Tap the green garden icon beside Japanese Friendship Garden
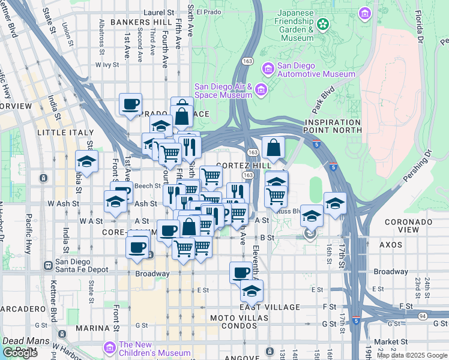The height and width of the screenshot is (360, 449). point(324,25)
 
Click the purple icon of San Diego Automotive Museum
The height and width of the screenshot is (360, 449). point(267,70)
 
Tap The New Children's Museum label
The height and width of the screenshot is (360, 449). point(156,349)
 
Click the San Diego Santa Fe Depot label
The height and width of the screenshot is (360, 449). point(82,265)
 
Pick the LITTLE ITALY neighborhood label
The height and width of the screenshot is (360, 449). point(65,133)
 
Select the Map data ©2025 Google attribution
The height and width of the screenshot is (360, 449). point(411,355)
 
